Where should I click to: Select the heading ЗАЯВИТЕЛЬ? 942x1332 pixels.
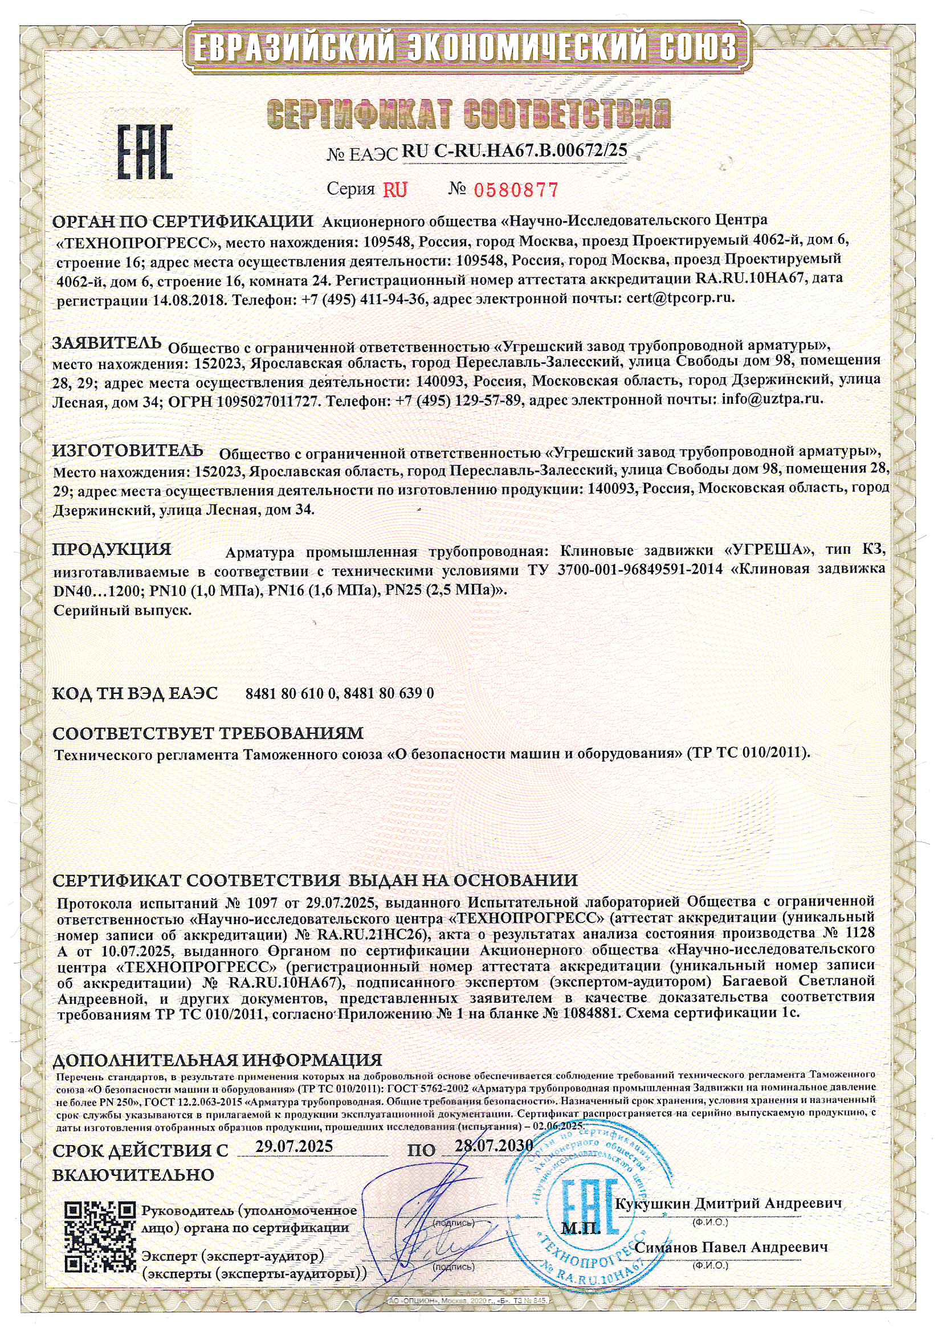tap(107, 343)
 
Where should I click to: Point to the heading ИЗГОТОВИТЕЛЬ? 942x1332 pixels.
tap(128, 450)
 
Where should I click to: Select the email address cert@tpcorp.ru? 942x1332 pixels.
tap(680, 298)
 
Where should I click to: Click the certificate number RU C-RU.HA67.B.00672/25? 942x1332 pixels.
tap(514, 151)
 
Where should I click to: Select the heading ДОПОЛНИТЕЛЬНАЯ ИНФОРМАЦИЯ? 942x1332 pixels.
tap(217, 1061)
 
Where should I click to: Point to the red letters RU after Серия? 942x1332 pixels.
tap(395, 189)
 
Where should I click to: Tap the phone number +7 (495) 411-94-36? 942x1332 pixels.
tap(365, 298)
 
